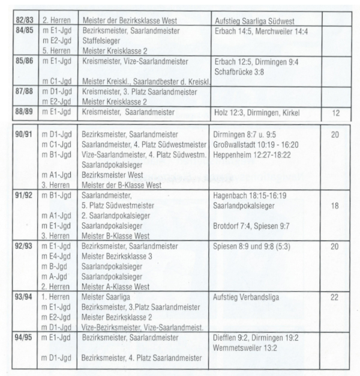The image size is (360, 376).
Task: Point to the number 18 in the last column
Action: (x=335, y=205)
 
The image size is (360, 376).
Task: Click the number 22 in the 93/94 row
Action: (x=335, y=297)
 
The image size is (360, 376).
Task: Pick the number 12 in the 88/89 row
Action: (x=335, y=112)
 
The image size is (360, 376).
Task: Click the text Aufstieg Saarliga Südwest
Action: (x=252, y=20)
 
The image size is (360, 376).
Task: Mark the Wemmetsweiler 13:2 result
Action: (x=246, y=347)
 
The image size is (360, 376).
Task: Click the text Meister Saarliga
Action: (x=106, y=297)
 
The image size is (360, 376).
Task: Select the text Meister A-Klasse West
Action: (x=116, y=287)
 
